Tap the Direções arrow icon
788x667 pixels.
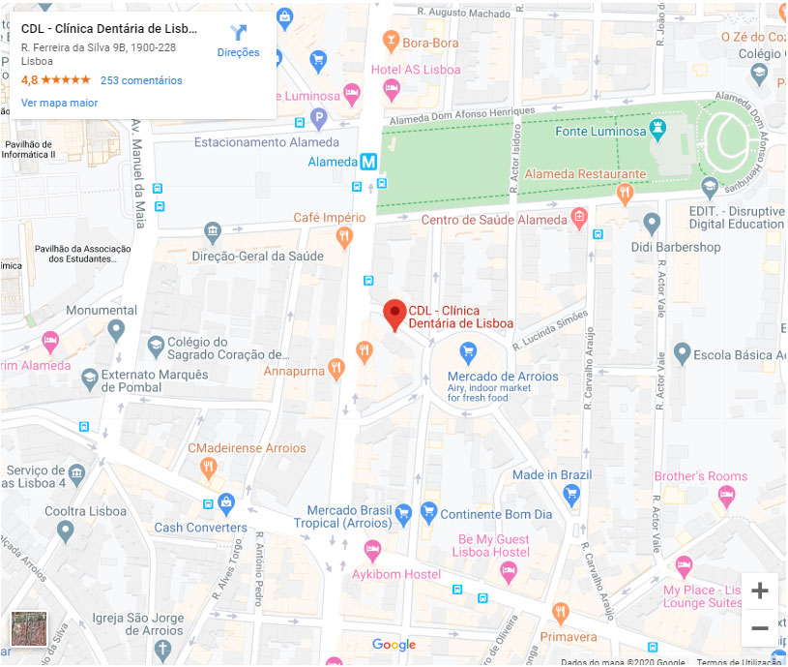click(x=239, y=32)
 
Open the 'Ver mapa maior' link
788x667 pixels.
click(x=59, y=102)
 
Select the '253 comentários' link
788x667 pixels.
click(x=141, y=80)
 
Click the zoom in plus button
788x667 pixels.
click(x=760, y=591)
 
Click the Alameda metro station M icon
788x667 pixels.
click(x=368, y=163)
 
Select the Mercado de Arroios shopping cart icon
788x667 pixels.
click(x=469, y=350)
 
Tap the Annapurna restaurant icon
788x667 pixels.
click(x=336, y=368)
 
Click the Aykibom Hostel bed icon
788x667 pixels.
click(x=372, y=550)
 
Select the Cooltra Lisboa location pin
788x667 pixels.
click(x=65, y=531)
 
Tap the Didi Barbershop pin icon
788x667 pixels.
click(x=652, y=225)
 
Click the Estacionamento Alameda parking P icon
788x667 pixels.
click(x=318, y=119)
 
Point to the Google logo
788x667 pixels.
click(x=394, y=645)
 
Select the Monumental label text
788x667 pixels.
click(x=102, y=311)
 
